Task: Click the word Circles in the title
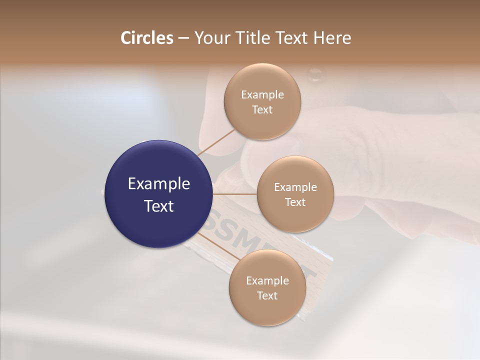tap(147, 38)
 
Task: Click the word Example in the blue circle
tap(159, 184)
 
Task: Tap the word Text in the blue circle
tap(159, 206)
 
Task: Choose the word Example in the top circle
tap(262, 95)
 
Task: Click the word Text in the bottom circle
tap(267, 295)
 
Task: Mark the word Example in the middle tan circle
tap(295, 187)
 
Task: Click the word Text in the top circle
tap(262, 110)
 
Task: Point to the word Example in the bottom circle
tap(267, 281)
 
